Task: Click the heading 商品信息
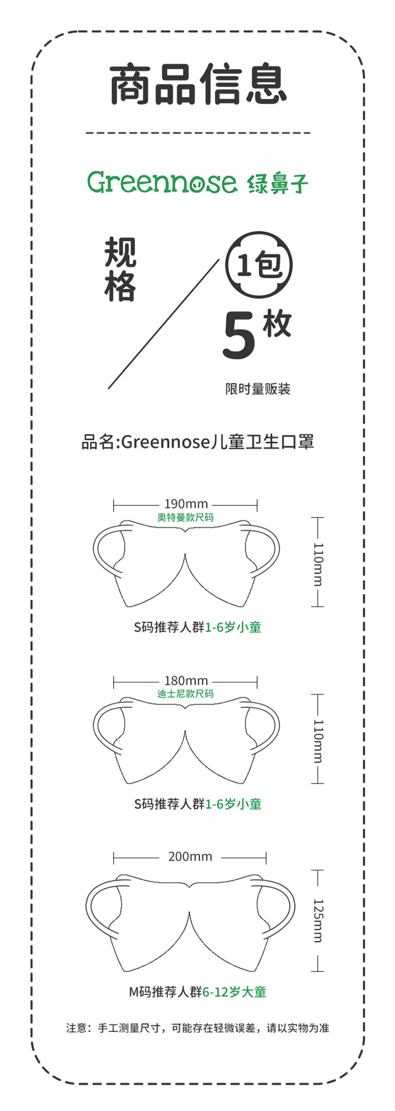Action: pyautogui.click(x=198, y=84)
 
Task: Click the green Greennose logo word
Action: pyautogui.click(x=162, y=182)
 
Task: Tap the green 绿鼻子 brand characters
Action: pyautogui.click(x=278, y=183)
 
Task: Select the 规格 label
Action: pyautogui.click(x=120, y=270)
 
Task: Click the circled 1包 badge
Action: pyautogui.click(x=259, y=264)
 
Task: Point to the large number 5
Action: pyautogui.click(x=239, y=336)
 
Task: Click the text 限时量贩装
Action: pyautogui.click(x=258, y=389)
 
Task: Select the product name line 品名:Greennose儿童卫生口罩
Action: pyautogui.click(x=197, y=442)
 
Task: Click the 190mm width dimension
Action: pyautogui.click(x=186, y=504)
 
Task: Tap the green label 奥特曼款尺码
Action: pyautogui.click(x=185, y=518)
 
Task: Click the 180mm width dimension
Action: pyautogui.click(x=186, y=681)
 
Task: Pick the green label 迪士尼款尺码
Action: pyautogui.click(x=185, y=694)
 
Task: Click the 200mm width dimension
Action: pyautogui.click(x=190, y=857)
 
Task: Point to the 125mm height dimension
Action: pyautogui.click(x=318, y=920)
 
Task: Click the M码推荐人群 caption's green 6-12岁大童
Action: pyautogui.click(x=234, y=992)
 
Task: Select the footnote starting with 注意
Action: pyautogui.click(x=197, y=1028)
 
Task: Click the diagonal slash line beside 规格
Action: pyautogui.click(x=163, y=324)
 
